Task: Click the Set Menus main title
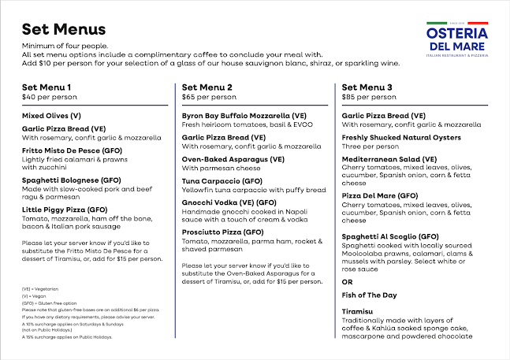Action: (64, 30)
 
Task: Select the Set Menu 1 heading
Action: (47, 87)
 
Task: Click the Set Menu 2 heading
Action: (207, 87)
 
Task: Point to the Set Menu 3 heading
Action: (367, 87)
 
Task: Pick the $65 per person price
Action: (209, 98)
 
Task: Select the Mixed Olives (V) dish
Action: (51, 116)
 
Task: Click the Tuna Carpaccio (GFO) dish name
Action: (223, 180)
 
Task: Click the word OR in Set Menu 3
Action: (348, 281)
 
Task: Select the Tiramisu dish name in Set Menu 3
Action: (358, 312)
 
